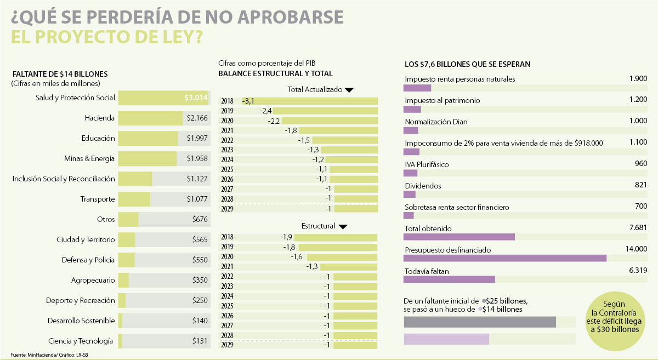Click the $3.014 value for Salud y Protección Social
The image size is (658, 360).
[x=196, y=98]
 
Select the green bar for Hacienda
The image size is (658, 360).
[x=150, y=118]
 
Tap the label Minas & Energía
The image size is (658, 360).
[x=89, y=158]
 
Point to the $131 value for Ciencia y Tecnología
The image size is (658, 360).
[x=200, y=341]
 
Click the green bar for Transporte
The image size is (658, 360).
[x=134, y=199]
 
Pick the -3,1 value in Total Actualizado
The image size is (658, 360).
[x=248, y=101]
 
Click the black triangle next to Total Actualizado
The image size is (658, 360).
[x=349, y=90]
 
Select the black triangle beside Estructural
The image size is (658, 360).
[x=343, y=226]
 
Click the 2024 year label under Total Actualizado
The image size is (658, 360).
[x=227, y=159]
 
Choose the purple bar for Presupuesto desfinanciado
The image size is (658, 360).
[x=504, y=258]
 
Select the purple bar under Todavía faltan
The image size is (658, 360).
[x=449, y=279]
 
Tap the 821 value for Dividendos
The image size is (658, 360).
[x=641, y=185]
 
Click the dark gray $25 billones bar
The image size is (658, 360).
[x=479, y=322]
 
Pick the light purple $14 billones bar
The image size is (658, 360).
[x=446, y=339]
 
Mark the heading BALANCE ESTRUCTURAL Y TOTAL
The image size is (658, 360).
[x=275, y=73]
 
